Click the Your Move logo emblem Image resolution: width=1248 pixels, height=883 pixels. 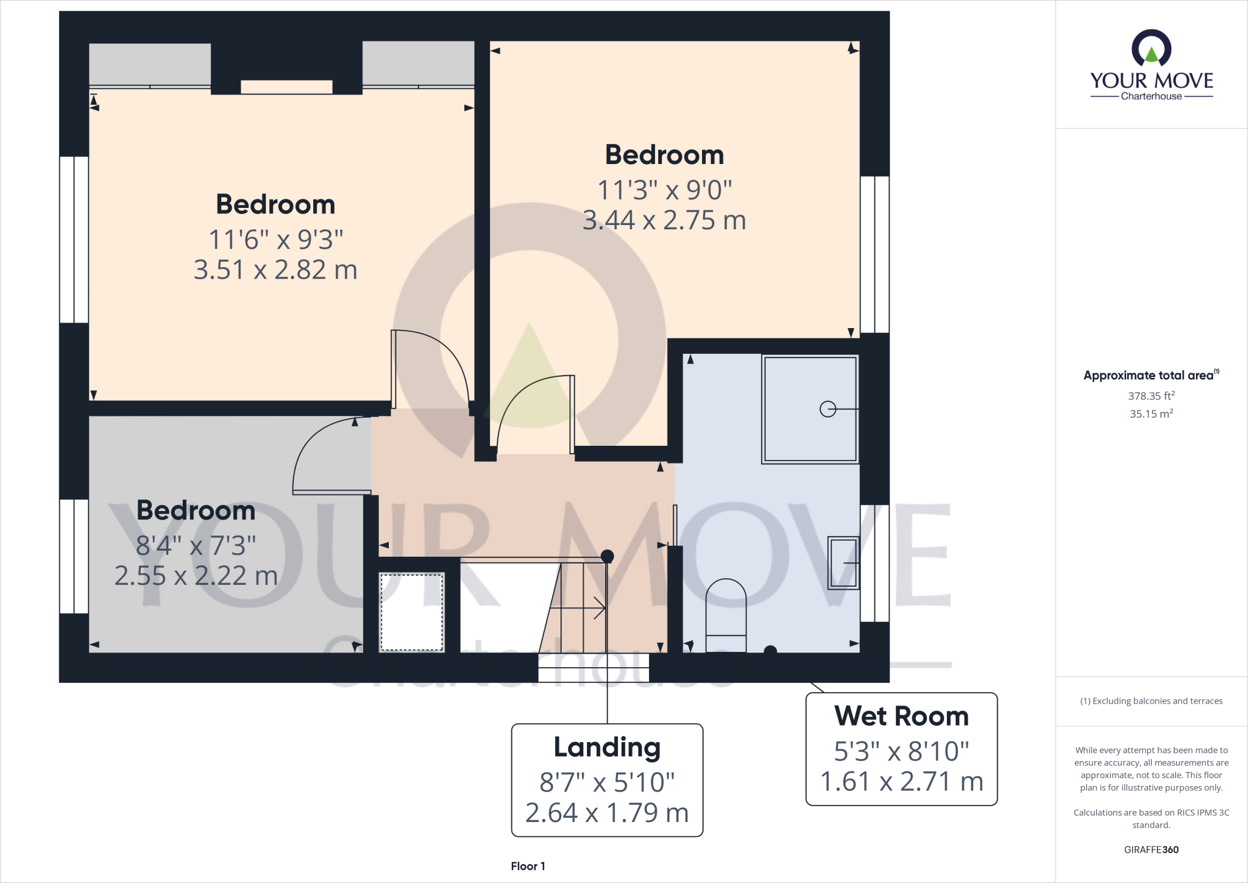(x=1151, y=49)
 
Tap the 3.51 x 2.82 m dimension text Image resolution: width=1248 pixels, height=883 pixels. (x=275, y=270)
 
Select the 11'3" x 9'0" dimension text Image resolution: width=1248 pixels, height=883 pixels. (x=664, y=190)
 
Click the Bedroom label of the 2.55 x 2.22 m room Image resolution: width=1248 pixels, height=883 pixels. (x=196, y=510)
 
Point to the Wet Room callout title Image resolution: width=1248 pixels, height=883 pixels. (x=901, y=716)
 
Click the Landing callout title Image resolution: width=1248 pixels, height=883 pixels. (x=607, y=747)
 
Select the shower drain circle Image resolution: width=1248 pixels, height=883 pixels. (x=828, y=409)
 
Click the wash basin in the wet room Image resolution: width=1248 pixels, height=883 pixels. (x=843, y=563)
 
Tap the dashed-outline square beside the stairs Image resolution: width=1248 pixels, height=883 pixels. (x=412, y=612)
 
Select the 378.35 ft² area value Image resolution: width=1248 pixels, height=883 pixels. (x=1151, y=396)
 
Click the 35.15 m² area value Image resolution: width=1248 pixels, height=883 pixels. (x=1151, y=413)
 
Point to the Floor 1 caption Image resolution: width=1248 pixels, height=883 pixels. (x=528, y=866)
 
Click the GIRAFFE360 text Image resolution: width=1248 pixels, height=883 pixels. (x=1151, y=849)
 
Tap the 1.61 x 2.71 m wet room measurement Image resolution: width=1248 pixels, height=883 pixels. (x=901, y=782)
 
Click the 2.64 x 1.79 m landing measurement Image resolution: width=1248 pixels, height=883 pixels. (x=607, y=813)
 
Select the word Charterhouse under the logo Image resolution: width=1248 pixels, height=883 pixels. (x=1151, y=96)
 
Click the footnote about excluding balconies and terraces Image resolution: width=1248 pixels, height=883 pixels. (x=1151, y=701)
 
